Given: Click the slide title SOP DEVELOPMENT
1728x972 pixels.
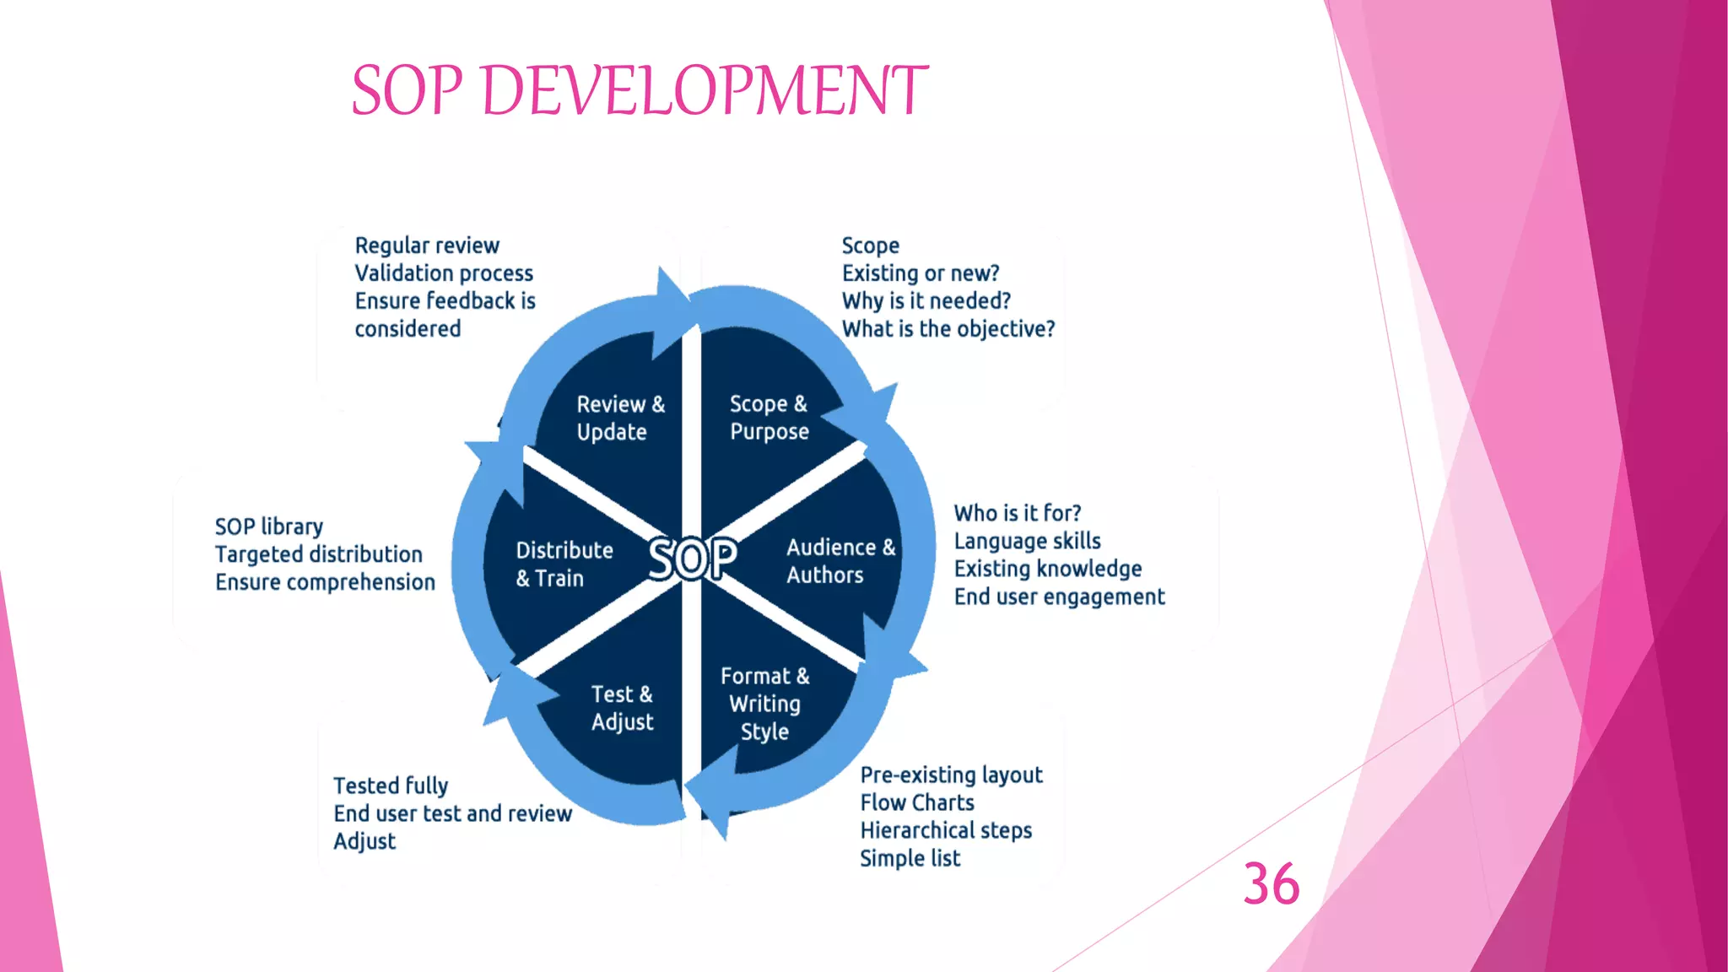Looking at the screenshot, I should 640,90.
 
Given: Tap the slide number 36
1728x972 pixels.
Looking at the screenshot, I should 1271,884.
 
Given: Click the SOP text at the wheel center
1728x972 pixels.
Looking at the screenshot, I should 693,559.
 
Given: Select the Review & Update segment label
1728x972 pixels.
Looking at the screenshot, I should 620,418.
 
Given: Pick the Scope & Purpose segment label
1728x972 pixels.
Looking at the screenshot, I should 769,418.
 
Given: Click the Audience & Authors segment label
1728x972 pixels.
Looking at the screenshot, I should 840,561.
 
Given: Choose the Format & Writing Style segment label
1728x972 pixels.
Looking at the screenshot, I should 764,704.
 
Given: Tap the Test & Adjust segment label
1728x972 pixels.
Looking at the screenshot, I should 622,708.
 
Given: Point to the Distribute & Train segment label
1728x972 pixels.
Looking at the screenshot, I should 564,564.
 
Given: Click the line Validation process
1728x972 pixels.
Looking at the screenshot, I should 444,273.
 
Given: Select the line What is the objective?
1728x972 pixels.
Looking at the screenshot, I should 948,329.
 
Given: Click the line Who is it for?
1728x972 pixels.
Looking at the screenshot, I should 1017,513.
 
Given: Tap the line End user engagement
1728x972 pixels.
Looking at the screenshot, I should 1059,597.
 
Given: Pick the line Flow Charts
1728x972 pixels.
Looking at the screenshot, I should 917,802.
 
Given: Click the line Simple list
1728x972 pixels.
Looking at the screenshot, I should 910,858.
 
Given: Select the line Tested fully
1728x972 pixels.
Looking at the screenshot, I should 391,786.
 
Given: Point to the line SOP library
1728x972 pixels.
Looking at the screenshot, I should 269,526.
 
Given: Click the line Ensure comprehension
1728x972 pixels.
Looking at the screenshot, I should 325,582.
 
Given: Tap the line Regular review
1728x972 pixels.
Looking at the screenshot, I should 427,246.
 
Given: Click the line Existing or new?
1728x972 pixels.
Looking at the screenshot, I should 921,273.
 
